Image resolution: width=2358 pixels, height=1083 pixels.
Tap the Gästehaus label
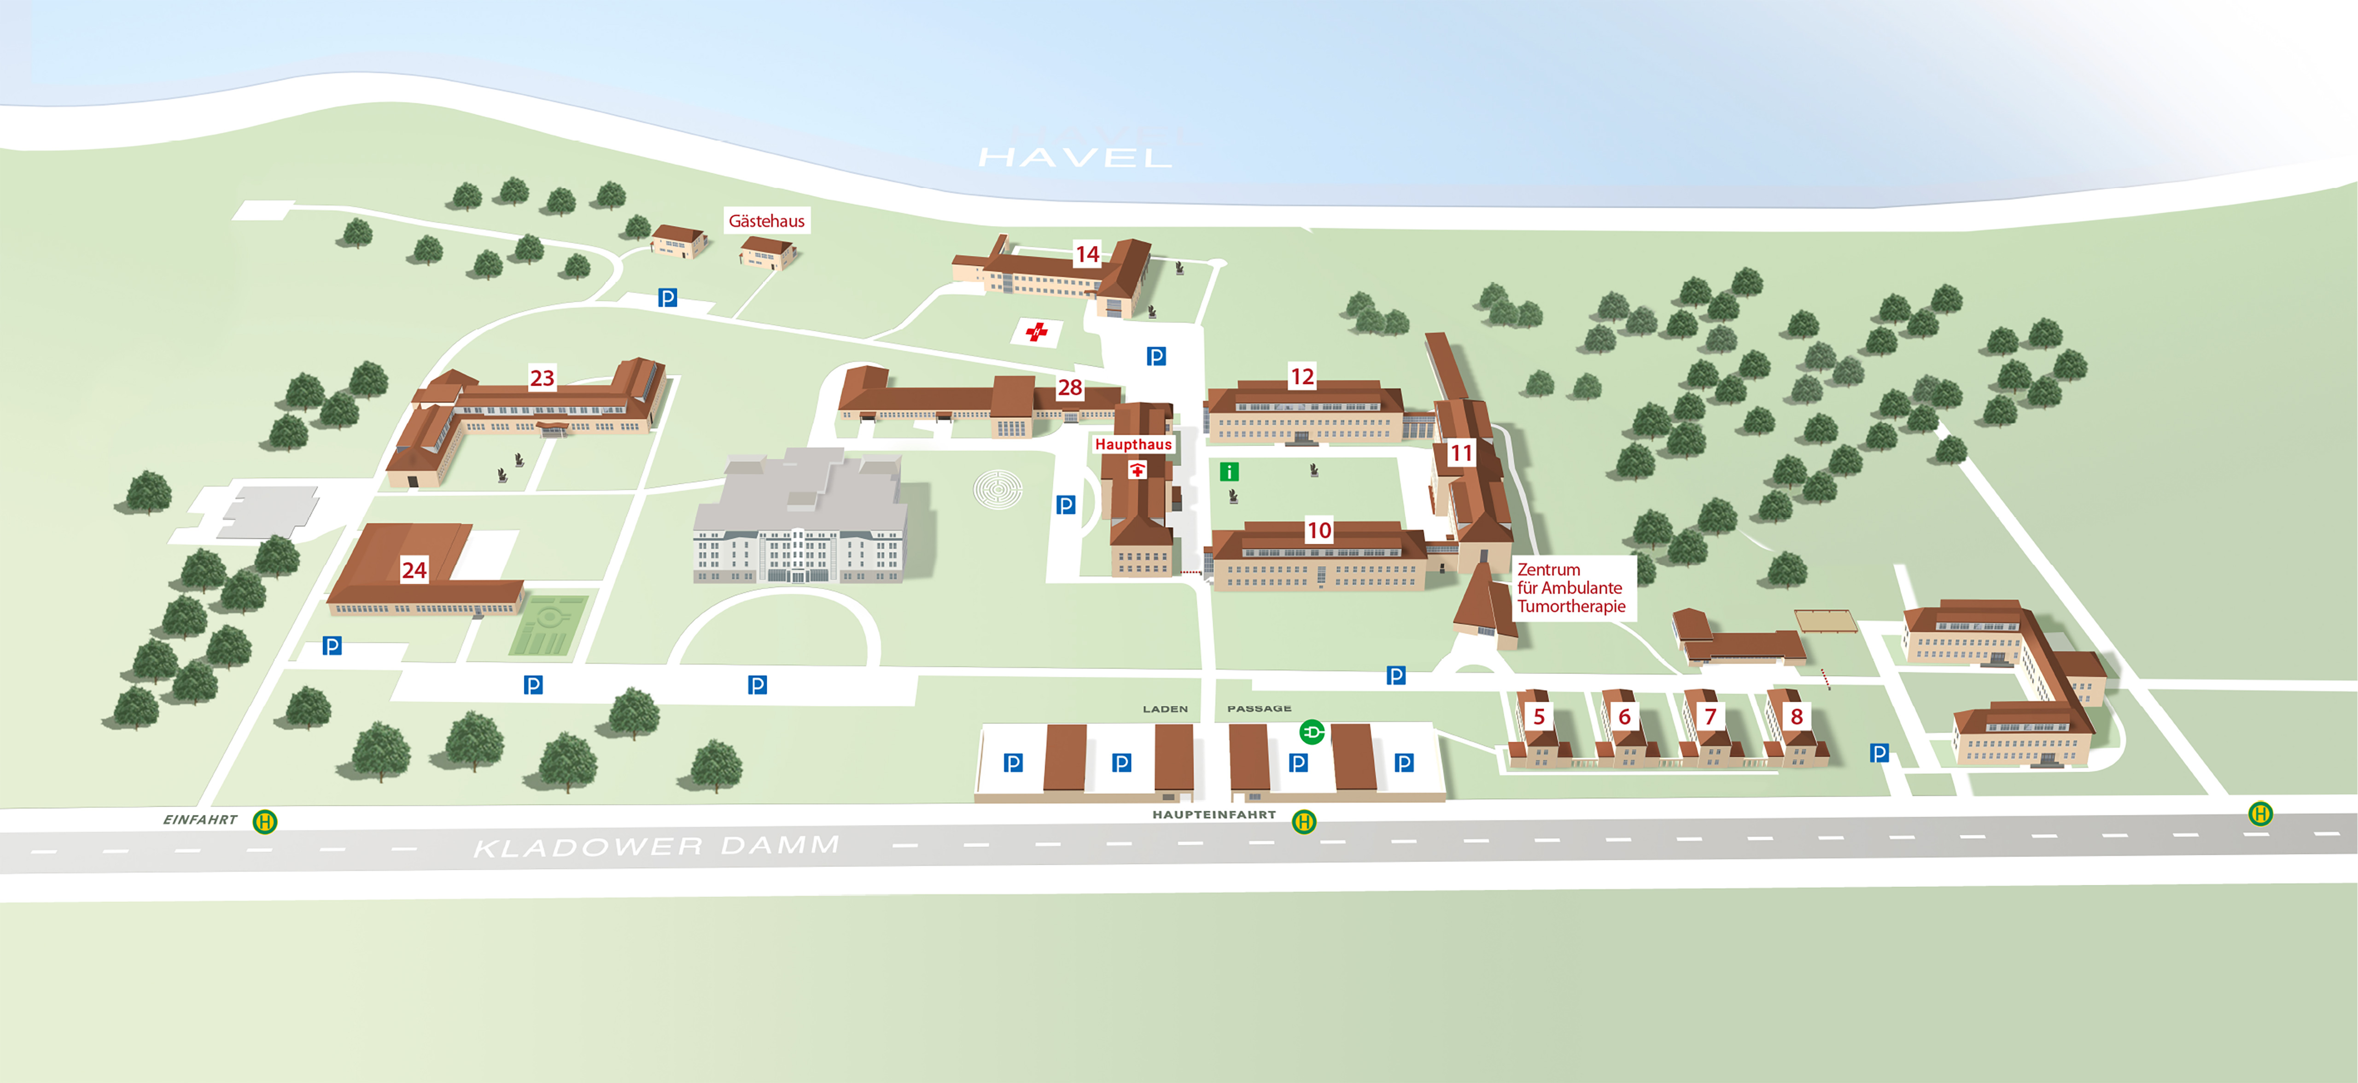pos(766,221)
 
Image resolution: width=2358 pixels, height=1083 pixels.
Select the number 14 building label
pos(1086,253)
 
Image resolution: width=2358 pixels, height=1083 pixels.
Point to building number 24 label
pos(414,570)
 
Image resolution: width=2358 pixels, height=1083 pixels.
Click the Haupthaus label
pos(1133,444)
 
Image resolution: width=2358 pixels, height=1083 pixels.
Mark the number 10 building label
pos(1318,530)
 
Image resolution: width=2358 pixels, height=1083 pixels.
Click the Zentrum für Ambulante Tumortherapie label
pos(1571,588)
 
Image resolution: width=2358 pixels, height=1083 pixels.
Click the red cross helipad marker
pos(1036,331)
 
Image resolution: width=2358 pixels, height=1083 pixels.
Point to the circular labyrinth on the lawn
pos(997,490)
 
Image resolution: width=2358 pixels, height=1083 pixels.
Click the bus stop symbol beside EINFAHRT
pos(264,821)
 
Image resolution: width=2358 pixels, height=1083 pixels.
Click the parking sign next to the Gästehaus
pos(667,298)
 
